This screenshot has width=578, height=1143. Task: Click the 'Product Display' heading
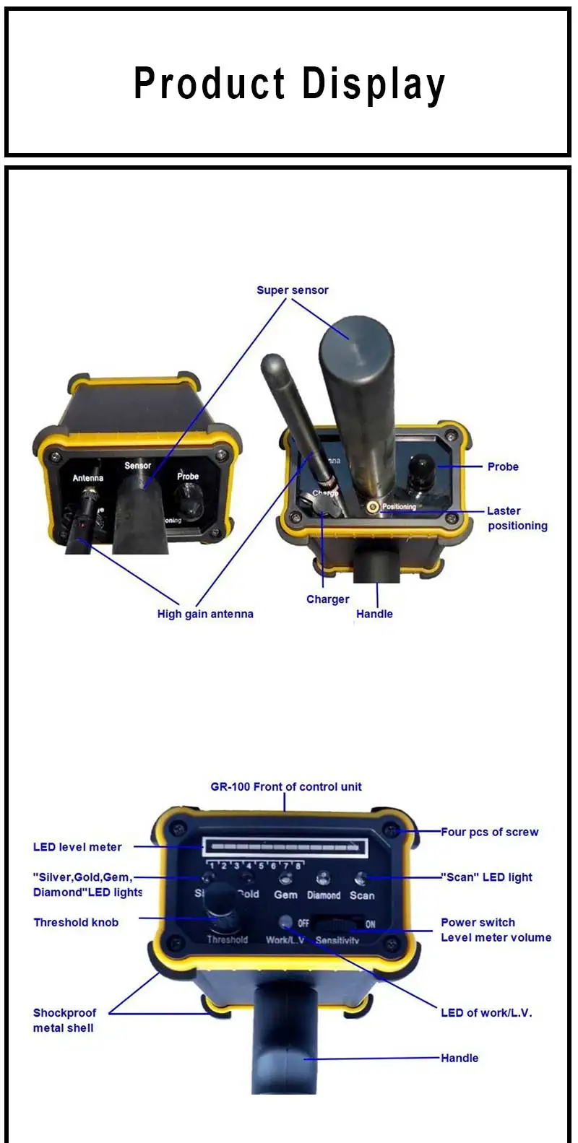coord(289,84)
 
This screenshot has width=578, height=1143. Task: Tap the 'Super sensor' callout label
coord(293,290)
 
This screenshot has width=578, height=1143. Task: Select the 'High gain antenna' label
coord(205,614)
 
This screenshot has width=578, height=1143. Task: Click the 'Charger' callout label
coord(327,599)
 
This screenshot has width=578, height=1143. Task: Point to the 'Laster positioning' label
coord(517,518)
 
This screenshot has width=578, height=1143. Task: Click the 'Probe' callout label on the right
coord(503,467)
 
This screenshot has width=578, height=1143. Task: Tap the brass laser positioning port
coord(373,507)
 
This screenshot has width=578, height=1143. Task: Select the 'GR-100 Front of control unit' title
coord(286,787)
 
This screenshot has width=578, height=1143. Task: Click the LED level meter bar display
coord(286,847)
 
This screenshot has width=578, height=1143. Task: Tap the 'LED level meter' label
coord(77,847)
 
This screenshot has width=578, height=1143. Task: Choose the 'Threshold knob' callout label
coord(76,923)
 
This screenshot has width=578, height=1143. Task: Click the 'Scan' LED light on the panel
coord(361,878)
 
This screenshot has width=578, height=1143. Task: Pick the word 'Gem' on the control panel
coord(285,895)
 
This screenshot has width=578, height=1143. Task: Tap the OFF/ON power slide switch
coord(337,923)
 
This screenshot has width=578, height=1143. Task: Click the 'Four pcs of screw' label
coord(490,833)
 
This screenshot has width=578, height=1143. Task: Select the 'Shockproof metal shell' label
coord(64,1020)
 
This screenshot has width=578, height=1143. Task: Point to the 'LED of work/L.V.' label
coord(486,1013)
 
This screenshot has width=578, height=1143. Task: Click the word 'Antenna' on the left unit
coord(87,478)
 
